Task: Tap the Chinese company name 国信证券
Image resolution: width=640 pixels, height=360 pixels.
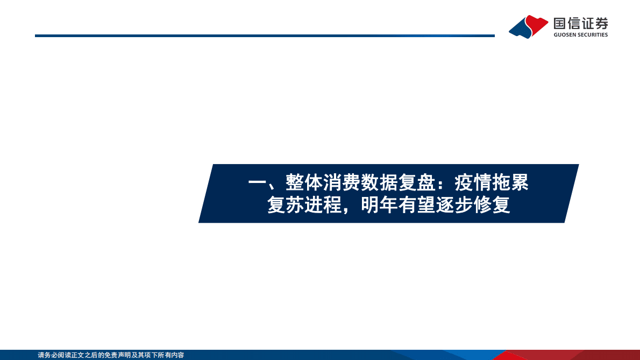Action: tap(581, 23)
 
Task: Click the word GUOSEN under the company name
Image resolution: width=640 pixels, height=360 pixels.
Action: tap(565, 35)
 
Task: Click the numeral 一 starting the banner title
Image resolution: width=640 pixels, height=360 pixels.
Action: tap(257, 183)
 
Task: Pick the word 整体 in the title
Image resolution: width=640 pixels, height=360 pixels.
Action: tap(304, 183)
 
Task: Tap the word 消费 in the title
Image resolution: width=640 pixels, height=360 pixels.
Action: tap(342, 183)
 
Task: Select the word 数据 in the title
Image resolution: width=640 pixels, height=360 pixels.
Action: tap(379, 183)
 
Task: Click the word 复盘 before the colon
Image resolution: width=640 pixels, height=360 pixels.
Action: tap(417, 183)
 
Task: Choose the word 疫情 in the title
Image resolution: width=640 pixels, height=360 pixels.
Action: tap(473, 183)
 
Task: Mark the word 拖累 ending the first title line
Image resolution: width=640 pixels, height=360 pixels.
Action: tap(510, 183)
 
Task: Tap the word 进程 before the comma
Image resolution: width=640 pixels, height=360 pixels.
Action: tap(323, 206)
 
